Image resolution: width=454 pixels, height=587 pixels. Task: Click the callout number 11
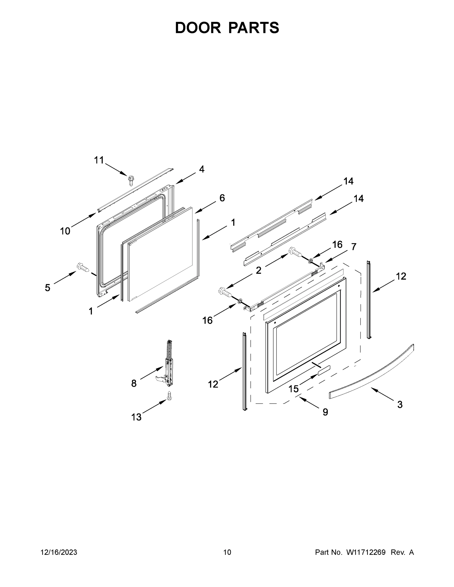99,160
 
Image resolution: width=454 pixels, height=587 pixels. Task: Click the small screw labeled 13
169,396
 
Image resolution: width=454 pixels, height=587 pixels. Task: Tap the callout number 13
136,417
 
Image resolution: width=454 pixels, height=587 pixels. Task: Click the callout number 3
400,405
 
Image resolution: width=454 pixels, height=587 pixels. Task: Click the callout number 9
325,412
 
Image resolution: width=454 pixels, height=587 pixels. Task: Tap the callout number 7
353,247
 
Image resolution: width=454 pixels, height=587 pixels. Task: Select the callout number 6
222,198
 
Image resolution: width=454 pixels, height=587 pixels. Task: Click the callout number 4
202,169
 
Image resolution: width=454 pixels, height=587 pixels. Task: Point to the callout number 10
65,231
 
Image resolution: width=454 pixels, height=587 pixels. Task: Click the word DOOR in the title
198,28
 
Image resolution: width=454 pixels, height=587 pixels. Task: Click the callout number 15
293,389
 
